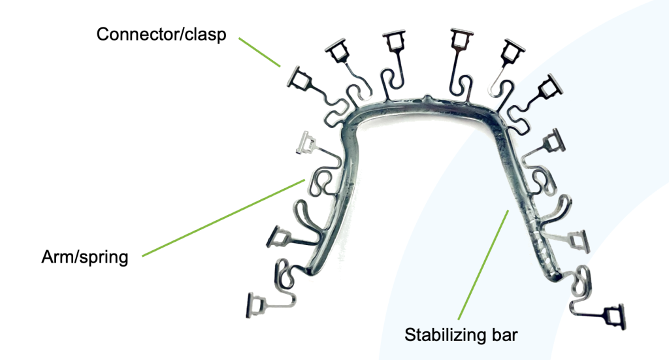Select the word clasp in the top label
tap(202, 35)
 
